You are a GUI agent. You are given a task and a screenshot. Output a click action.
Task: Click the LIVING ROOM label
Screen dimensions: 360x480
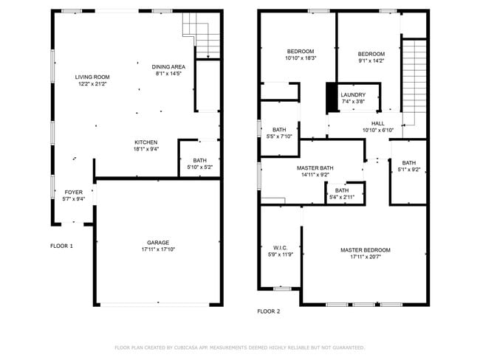(x=92, y=77)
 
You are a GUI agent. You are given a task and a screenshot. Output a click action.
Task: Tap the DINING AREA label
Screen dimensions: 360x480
(x=168, y=66)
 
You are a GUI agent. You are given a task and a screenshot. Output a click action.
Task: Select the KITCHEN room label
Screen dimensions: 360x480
(x=145, y=142)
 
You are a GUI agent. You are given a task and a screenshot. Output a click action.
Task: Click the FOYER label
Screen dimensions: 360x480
(x=74, y=192)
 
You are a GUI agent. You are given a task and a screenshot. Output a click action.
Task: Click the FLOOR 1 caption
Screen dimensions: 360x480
(x=61, y=246)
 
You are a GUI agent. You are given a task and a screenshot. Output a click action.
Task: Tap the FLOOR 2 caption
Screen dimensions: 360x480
(x=268, y=311)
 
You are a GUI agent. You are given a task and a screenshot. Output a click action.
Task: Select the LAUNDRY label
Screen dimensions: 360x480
(x=353, y=95)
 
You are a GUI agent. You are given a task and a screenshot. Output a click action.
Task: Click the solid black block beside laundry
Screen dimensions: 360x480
(x=332, y=97)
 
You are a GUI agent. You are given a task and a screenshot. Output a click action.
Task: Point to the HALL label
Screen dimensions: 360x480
(x=377, y=123)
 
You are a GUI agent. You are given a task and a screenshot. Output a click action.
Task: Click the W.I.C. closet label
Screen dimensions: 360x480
(x=280, y=247)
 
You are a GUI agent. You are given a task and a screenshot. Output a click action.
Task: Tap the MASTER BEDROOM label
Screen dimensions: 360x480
(x=365, y=250)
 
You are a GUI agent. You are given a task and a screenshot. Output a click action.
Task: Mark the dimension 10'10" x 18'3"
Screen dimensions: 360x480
(x=301, y=58)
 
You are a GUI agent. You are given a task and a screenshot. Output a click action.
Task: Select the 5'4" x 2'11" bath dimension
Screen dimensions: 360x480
(x=342, y=197)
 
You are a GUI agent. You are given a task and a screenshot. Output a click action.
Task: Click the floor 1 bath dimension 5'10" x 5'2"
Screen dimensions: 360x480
(x=199, y=167)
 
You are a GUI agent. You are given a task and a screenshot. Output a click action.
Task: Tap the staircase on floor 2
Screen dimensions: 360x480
(x=414, y=81)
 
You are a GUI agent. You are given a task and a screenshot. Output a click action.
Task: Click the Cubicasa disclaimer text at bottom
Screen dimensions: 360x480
(x=239, y=347)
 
